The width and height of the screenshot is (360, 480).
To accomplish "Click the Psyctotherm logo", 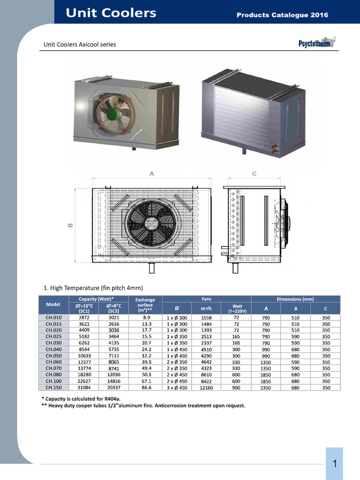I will (317, 44).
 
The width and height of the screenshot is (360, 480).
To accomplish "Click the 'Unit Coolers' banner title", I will (111, 13).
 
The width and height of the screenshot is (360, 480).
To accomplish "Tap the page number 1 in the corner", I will (335, 464).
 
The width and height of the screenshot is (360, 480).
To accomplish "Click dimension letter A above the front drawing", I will (151, 173).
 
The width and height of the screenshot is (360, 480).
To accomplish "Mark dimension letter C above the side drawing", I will (254, 173).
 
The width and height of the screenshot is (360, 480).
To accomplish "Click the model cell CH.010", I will (53, 317).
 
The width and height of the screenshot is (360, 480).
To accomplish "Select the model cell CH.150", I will (53, 388).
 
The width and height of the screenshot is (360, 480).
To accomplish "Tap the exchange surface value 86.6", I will (146, 388).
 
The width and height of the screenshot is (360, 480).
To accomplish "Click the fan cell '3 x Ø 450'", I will (177, 388).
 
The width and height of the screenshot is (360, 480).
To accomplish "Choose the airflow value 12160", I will (206, 388).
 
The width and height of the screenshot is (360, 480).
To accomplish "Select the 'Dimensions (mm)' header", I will (295, 299).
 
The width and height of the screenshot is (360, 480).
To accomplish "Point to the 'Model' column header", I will (53, 304).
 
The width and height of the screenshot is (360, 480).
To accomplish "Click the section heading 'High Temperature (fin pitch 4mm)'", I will (93, 287).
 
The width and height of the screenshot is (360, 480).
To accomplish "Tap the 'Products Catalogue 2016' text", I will (282, 15).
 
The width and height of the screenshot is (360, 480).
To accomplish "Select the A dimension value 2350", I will (266, 388).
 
